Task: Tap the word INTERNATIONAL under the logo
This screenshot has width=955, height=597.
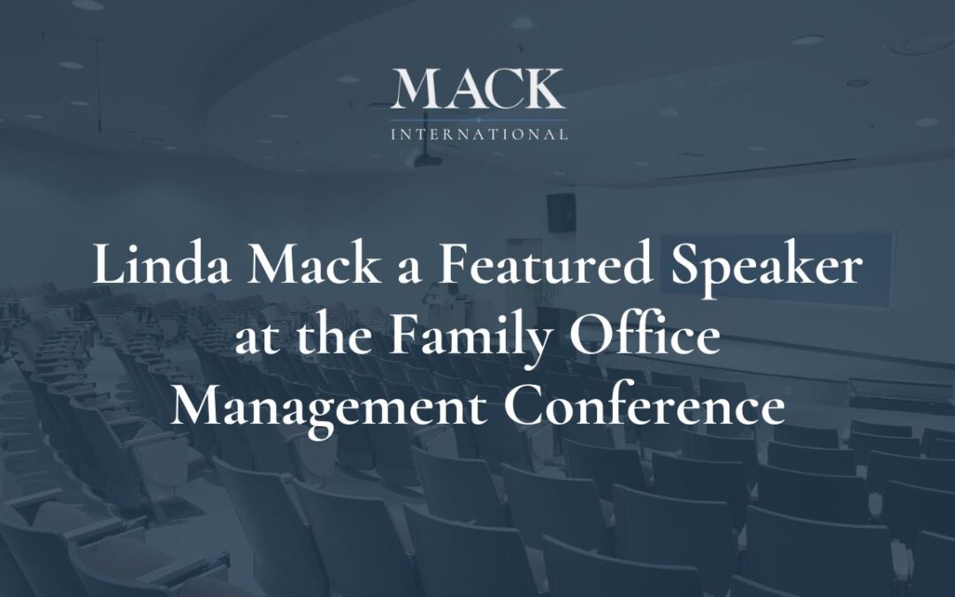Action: [478, 135]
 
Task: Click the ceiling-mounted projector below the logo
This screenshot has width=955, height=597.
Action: [424, 160]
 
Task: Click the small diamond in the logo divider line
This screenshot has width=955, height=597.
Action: [477, 119]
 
